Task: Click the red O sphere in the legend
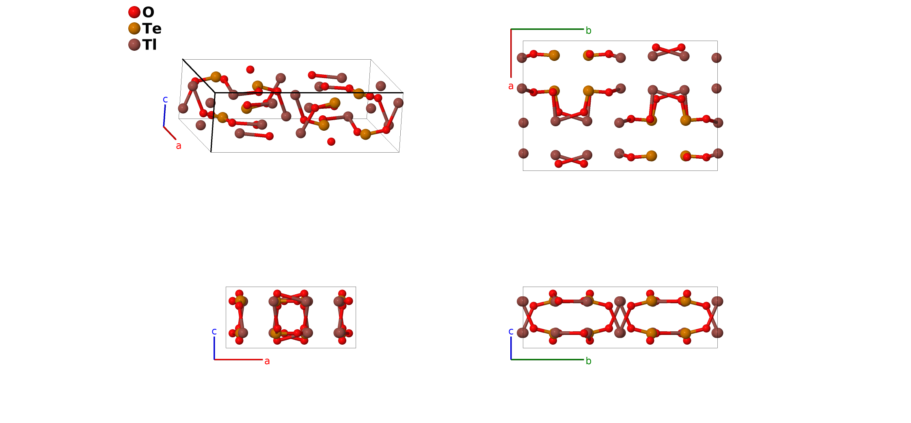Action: [134, 12]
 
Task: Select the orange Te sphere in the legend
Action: [134, 28]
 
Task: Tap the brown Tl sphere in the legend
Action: [134, 45]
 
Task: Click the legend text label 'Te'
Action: [152, 28]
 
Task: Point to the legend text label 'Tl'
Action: [149, 45]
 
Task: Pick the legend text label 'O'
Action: [148, 12]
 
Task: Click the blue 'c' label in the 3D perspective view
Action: [165, 99]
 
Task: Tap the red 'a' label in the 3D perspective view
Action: [179, 146]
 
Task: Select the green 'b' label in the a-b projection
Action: [589, 30]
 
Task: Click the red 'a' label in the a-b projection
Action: [511, 86]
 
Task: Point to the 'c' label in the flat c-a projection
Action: [214, 331]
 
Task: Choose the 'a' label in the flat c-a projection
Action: [267, 361]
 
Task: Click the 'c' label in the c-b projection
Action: [511, 331]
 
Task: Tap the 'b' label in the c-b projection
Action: [589, 361]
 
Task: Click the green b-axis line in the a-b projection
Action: [547, 29]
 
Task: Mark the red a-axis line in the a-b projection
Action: [511, 53]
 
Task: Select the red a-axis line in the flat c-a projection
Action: [238, 359]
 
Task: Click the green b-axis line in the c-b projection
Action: [547, 359]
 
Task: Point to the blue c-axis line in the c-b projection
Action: [511, 348]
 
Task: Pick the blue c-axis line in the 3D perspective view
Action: [164, 116]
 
